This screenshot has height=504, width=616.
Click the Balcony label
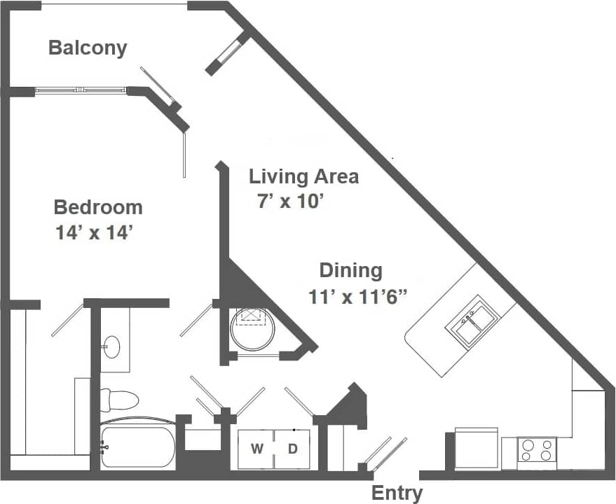click(x=88, y=48)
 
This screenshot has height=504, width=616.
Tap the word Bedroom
click(x=98, y=208)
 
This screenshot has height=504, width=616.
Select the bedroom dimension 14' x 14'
click(x=95, y=233)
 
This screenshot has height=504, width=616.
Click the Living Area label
click(x=303, y=176)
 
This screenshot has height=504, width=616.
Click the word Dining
click(x=350, y=270)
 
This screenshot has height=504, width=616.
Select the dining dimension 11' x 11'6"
click(x=358, y=297)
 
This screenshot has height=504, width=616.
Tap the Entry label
click(x=397, y=493)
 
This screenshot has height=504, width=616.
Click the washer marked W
click(x=256, y=449)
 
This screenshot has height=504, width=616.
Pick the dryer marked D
click(x=294, y=449)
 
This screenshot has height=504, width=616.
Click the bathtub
click(x=137, y=446)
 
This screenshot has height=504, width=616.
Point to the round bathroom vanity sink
click(x=111, y=344)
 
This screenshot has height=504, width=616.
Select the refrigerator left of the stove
click(x=477, y=449)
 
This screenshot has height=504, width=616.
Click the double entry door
click(x=384, y=454)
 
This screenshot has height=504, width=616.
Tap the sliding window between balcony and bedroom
click(x=81, y=90)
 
